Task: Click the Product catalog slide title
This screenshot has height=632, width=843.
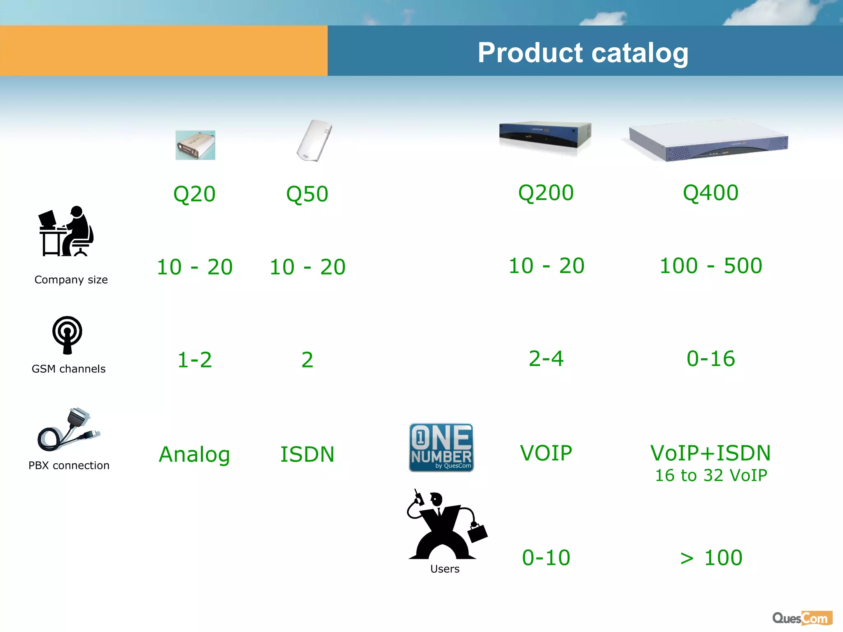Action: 582,53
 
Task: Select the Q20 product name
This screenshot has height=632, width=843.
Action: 194,194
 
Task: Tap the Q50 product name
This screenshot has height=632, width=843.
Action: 307,194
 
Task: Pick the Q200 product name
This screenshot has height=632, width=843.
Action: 546,193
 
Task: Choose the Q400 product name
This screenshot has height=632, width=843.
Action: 710,193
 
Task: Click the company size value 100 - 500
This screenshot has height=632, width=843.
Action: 710,265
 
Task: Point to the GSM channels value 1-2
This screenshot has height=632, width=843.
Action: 194,360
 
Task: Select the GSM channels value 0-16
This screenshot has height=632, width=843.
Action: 710,358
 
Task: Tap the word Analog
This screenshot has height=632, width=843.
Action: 194,454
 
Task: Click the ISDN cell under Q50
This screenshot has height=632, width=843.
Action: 307,454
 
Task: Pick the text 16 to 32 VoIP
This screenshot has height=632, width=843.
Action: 711,475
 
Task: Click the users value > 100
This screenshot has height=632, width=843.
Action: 711,558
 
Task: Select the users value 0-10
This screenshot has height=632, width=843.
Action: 546,558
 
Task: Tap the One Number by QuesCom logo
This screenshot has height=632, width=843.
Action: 441,447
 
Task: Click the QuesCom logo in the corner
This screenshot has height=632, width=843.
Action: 802,618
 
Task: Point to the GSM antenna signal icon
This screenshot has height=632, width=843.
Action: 67,335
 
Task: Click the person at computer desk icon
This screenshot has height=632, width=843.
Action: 66,232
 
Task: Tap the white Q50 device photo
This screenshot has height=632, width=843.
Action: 314,141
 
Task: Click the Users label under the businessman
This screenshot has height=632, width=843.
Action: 445,569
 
